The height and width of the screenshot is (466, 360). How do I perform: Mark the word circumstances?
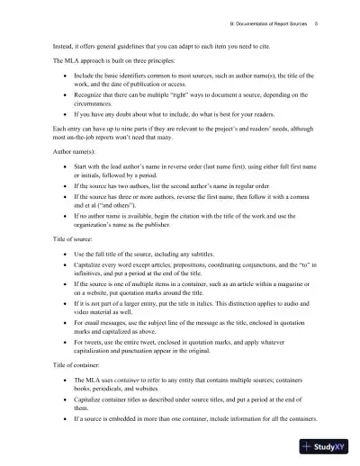click(x=96, y=102)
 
